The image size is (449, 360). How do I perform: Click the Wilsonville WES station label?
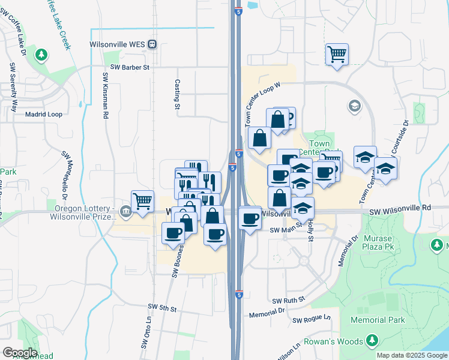pyautogui.click(x=117, y=44)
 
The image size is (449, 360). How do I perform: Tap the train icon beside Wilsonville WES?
pyautogui.click(x=152, y=44)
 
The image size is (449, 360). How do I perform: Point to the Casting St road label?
pyautogui.click(x=177, y=95)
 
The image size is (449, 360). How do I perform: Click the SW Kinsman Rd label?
pyautogui.click(x=106, y=95)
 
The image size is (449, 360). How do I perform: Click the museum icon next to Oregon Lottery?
pyautogui.click(x=125, y=211)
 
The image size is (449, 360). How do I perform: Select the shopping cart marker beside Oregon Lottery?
pyautogui.click(x=142, y=201)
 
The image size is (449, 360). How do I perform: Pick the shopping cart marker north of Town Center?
pyautogui.click(x=337, y=54)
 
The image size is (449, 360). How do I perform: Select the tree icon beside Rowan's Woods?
pyautogui.click(x=372, y=341)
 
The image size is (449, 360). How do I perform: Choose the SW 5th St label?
pyautogui.click(x=160, y=309)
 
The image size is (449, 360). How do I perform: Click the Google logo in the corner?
pyautogui.click(x=20, y=352)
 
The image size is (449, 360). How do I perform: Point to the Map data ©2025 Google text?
pyautogui.click(x=411, y=355)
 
